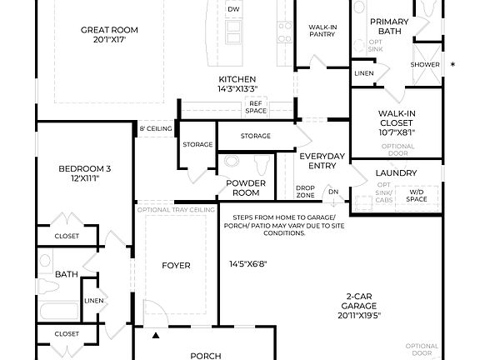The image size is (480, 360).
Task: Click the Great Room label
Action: coord(109,30)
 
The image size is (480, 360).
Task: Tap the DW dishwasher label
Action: coord(233,10)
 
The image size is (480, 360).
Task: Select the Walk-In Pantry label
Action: coord(321,32)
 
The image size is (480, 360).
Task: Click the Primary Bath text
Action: coord(389,27)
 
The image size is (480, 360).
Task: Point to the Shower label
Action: coord(424,65)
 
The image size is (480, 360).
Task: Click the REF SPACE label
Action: coord(256,107)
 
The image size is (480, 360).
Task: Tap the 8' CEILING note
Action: coord(155,128)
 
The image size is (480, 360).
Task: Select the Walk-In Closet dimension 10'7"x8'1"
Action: coord(397,132)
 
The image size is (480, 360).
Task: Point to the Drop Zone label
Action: coord(305,191)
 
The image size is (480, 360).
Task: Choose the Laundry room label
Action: coord(397,173)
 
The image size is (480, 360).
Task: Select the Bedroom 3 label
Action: coord(84,174)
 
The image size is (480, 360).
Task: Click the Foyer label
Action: coord(176,266)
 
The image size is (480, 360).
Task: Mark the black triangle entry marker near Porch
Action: coord(156,336)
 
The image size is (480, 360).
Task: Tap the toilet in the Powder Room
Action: coord(260,162)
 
